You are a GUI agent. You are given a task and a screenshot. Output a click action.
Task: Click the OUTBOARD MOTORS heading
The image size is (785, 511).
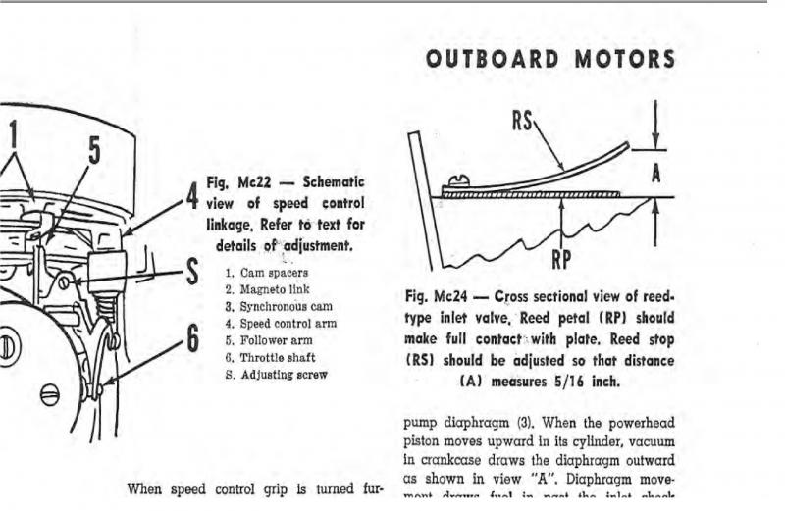(x=550, y=59)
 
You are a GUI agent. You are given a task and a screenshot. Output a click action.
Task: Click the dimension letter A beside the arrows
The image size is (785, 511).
(x=656, y=172)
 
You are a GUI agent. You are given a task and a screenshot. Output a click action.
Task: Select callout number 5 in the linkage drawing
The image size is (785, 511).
(x=94, y=150)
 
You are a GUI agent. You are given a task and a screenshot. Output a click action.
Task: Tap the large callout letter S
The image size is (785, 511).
(x=193, y=272)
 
